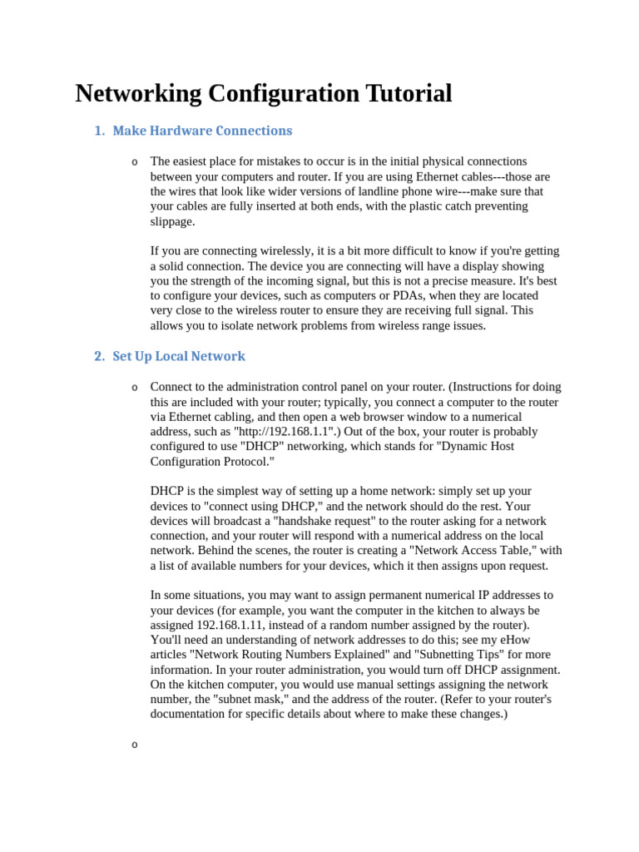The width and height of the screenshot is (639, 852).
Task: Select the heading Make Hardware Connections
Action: click(x=202, y=131)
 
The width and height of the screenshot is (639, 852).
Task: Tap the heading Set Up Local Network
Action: click(x=179, y=356)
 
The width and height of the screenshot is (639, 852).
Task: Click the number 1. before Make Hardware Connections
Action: click(x=100, y=131)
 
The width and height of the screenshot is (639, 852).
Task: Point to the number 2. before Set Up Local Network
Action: click(x=100, y=356)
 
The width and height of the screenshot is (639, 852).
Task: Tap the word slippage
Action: click(x=172, y=221)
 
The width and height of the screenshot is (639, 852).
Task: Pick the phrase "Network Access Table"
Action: click(x=472, y=551)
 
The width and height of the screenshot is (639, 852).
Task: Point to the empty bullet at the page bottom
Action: click(x=135, y=745)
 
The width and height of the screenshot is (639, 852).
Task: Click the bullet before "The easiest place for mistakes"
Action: click(x=135, y=161)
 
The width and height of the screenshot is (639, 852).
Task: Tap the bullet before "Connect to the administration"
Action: click(x=135, y=388)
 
